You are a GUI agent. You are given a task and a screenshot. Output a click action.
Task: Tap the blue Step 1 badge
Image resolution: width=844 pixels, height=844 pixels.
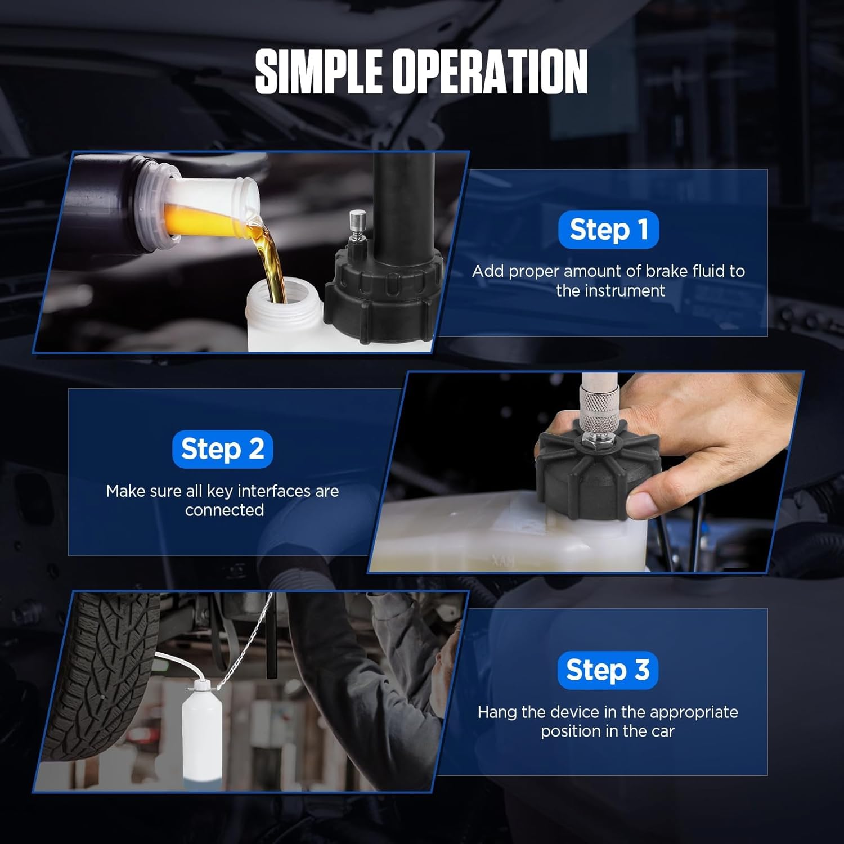coord(608,230)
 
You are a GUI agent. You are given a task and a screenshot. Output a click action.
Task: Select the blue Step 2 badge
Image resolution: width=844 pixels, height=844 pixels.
coord(222,449)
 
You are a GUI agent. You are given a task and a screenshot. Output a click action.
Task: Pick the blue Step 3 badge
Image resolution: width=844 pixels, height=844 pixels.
coord(608,670)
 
